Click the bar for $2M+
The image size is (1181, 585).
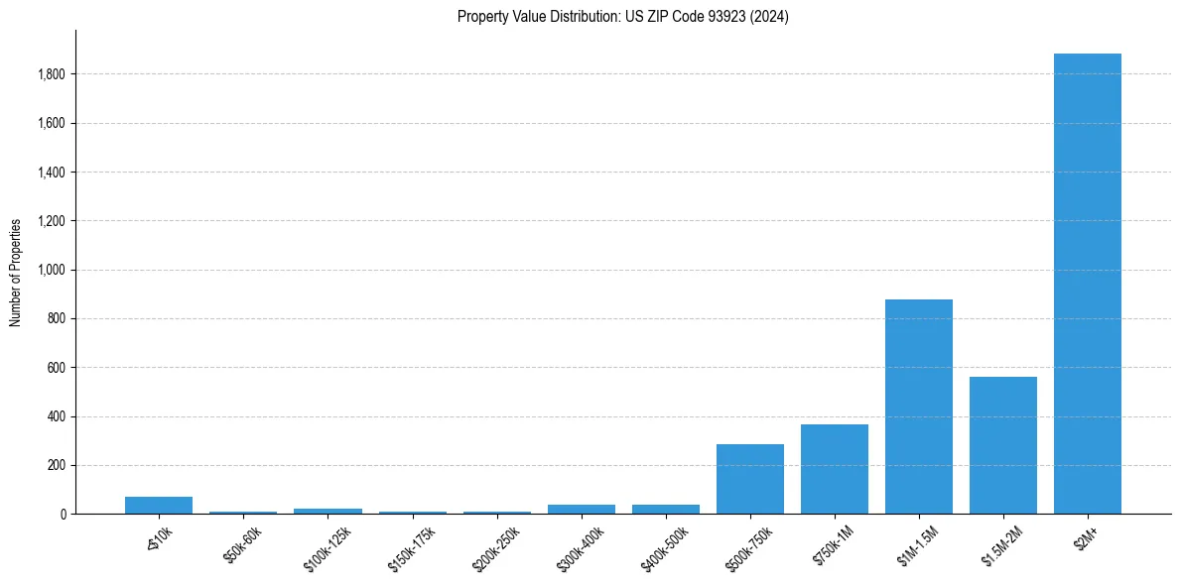[1088, 284]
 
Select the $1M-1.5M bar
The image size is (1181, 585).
[919, 407]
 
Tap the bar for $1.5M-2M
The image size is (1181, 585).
[1003, 445]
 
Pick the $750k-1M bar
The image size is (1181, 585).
[835, 469]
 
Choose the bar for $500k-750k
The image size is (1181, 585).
[750, 479]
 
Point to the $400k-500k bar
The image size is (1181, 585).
[666, 509]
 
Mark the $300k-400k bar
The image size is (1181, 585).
[582, 509]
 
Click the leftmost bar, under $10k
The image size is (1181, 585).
[159, 505]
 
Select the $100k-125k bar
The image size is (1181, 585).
[328, 511]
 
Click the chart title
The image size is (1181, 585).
[623, 17]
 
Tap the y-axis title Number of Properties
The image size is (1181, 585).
[16, 273]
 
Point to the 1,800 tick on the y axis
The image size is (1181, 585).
[51, 74]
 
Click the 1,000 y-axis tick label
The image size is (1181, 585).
[51, 270]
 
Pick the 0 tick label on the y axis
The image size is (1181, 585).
[63, 515]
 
